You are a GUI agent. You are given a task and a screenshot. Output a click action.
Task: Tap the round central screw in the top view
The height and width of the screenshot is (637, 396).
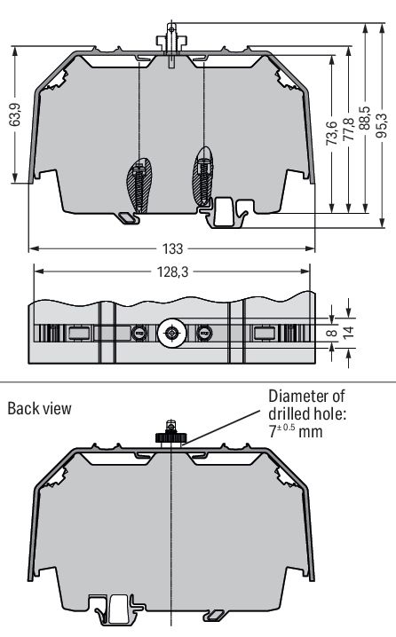[170, 334]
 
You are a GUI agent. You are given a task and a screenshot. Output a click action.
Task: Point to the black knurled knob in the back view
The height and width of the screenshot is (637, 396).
[170, 436]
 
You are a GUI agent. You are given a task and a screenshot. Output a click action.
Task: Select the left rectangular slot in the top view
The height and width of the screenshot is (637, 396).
[77, 333]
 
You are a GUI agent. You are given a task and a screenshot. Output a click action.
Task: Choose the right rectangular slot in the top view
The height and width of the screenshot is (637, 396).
[265, 333]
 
